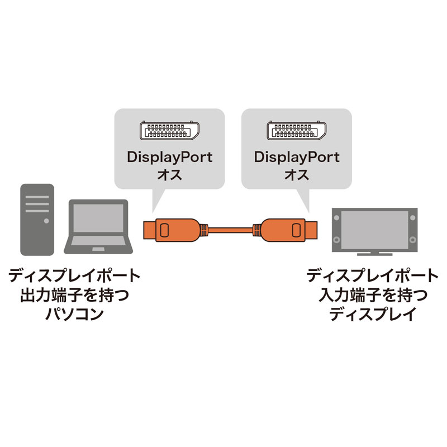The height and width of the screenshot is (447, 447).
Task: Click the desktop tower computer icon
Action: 37,220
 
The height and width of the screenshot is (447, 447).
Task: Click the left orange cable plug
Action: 170,229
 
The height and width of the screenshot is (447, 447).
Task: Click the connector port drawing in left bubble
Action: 168,131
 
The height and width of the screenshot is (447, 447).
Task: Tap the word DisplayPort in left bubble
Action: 169,157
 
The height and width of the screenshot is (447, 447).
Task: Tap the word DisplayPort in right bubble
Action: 297,157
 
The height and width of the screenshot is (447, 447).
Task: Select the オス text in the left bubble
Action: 169,175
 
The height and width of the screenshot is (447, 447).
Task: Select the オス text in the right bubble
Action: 297,175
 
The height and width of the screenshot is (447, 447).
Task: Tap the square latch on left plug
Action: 165,229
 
